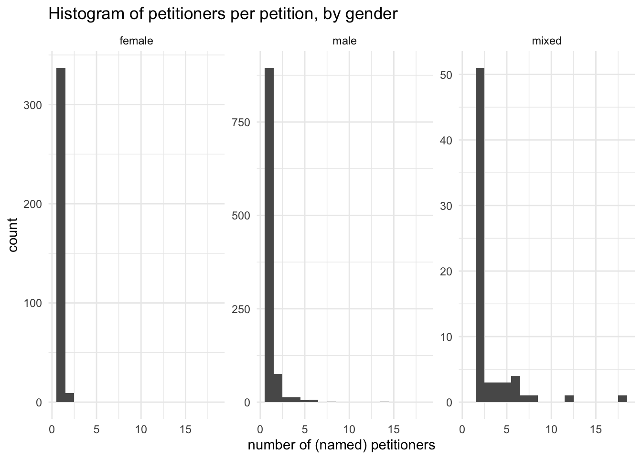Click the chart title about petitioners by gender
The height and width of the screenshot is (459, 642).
pos(223,14)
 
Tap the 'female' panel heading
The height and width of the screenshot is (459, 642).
pos(136,41)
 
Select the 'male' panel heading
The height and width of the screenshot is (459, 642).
pos(344,41)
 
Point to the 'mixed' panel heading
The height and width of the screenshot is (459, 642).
pos(546,41)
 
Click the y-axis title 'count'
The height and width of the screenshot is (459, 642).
pos(13,234)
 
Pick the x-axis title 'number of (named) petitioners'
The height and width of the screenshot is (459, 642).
pos(342,445)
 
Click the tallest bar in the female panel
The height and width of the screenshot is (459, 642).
pos(61,234)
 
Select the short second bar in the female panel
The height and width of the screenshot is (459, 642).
pos(70,398)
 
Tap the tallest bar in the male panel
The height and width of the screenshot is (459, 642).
pos(269,234)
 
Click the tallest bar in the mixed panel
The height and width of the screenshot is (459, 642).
pos(480,234)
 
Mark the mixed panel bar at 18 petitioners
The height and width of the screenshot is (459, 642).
pos(622,399)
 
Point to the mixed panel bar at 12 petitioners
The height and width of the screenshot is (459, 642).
pos(569,399)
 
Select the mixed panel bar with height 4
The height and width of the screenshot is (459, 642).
pos(515,389)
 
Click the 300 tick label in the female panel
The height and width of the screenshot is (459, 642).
pos(32,105)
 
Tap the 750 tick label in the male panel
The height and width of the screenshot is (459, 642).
pos(241,122)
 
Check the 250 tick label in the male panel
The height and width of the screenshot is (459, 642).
pos(241,309)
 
